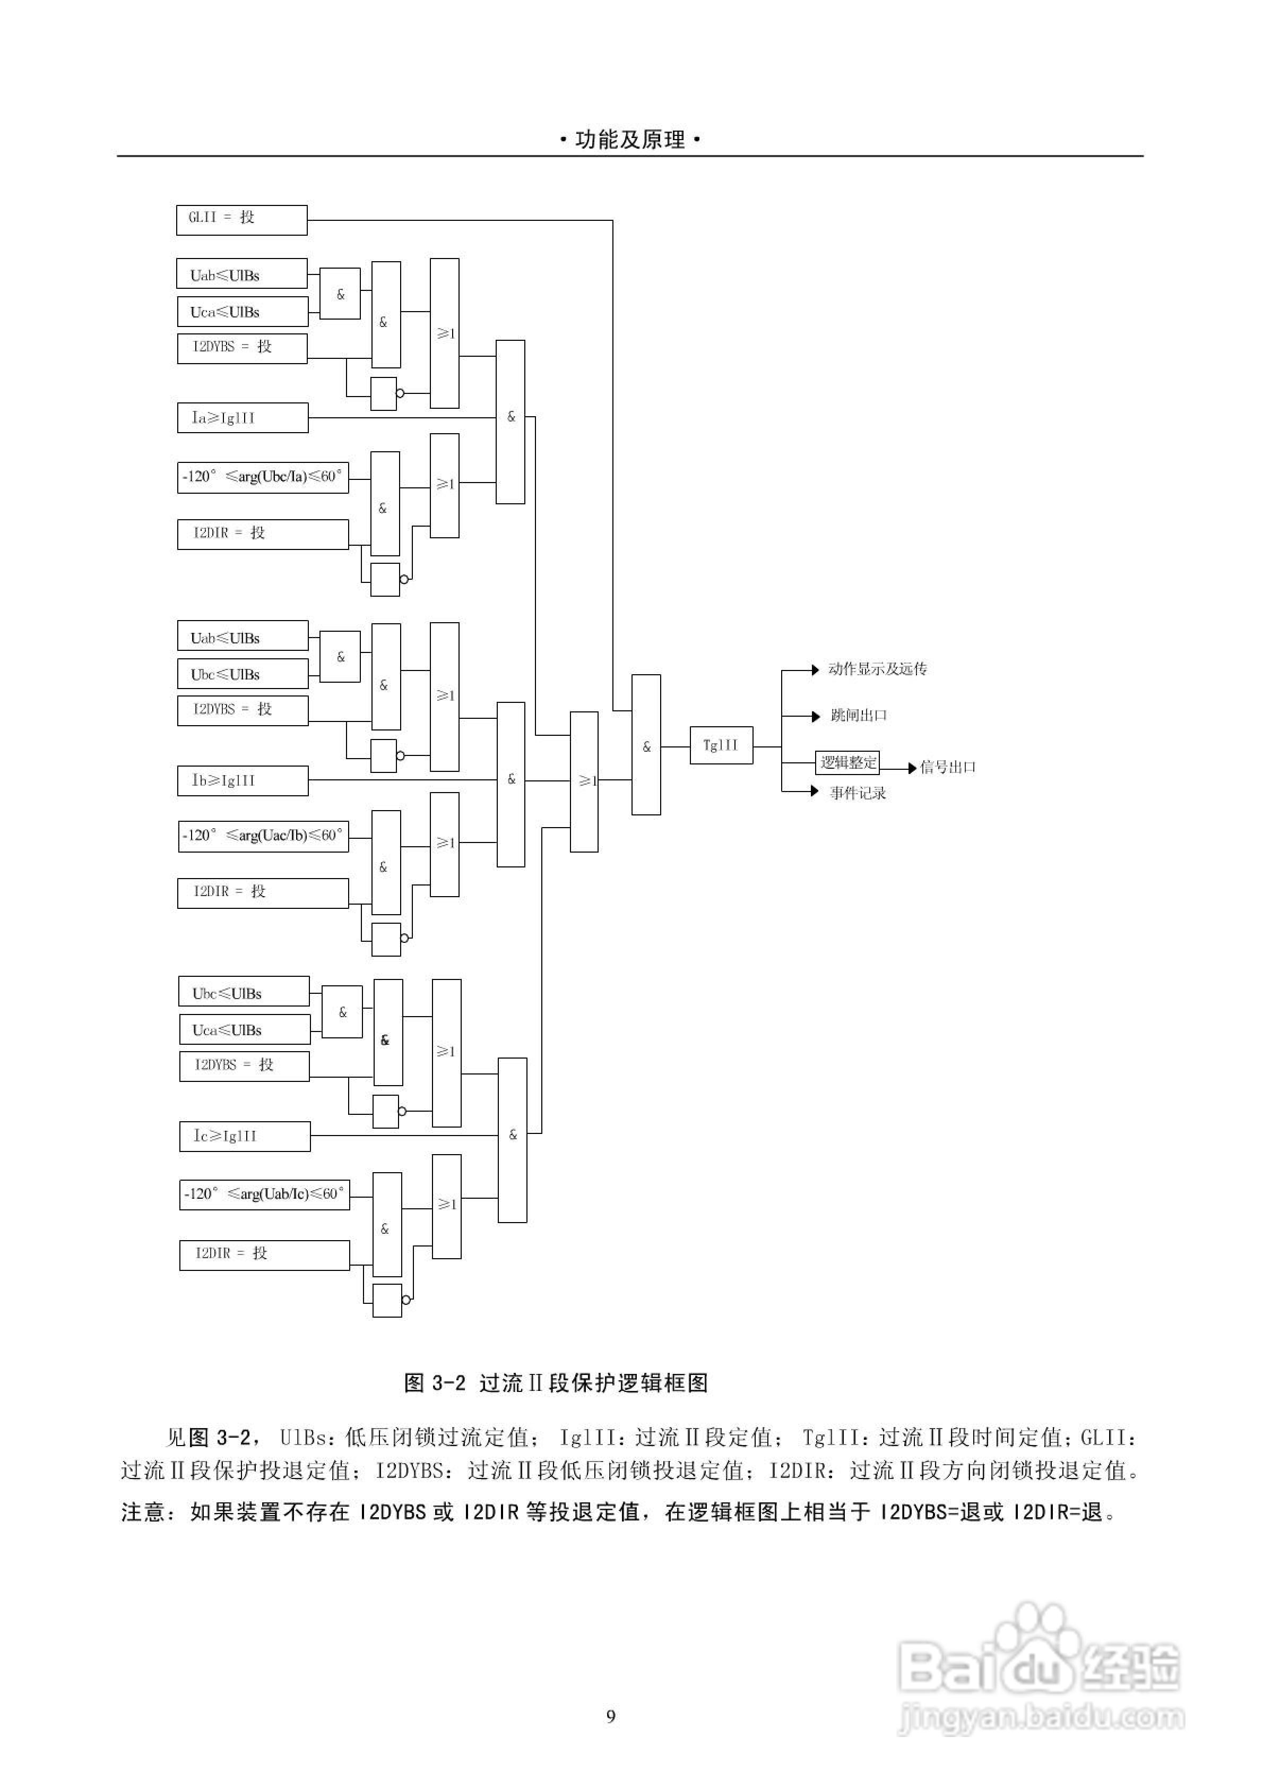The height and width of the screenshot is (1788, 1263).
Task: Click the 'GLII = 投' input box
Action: [241, 220]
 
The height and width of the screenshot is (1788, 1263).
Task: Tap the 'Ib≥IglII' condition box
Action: [242, 780]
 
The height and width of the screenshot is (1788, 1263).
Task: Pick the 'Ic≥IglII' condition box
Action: [245, 1136]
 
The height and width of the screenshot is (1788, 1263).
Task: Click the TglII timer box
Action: [721, 745]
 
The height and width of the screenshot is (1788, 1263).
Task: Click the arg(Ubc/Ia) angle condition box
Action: [262, 477]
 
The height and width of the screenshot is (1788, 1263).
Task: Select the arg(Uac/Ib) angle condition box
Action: [263, 836]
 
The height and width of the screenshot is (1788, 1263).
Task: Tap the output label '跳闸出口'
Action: [859, 715]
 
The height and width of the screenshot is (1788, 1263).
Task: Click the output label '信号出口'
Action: [948, 767]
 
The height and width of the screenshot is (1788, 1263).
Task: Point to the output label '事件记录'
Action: [858, 793]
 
